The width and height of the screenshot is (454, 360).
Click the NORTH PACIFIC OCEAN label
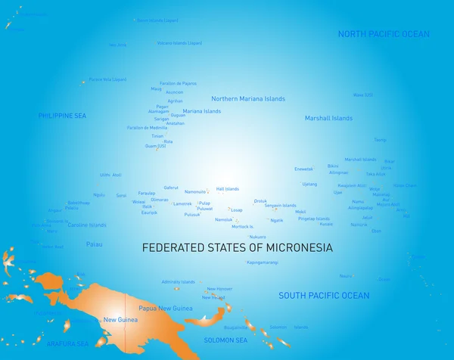pos(383,34)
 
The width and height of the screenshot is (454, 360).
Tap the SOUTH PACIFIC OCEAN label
pos(324,296)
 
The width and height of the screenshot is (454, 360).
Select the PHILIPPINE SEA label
pos(64,116)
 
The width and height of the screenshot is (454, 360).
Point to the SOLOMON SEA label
pos(225,340)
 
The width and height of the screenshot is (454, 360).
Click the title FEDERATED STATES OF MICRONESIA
pos(238,247)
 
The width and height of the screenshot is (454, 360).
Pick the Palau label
pos(94,244)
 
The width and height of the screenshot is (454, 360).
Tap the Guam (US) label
pos(155,146)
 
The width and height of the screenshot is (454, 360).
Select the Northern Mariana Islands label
pos(248,99)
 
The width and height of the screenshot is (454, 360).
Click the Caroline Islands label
pos(88,225)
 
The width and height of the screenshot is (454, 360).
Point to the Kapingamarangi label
pos(263,262)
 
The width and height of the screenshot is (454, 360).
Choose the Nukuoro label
pos(257,237)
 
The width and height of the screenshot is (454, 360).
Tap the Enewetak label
pos(303,169)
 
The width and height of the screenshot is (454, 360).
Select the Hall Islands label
pos(227,189)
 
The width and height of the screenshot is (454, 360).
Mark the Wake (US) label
pos(363,95)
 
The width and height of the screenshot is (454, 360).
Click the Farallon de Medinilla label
pos(147,128)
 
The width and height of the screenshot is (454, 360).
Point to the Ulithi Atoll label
pos(110,175)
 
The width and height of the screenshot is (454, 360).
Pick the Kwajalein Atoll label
pos(352,185)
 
